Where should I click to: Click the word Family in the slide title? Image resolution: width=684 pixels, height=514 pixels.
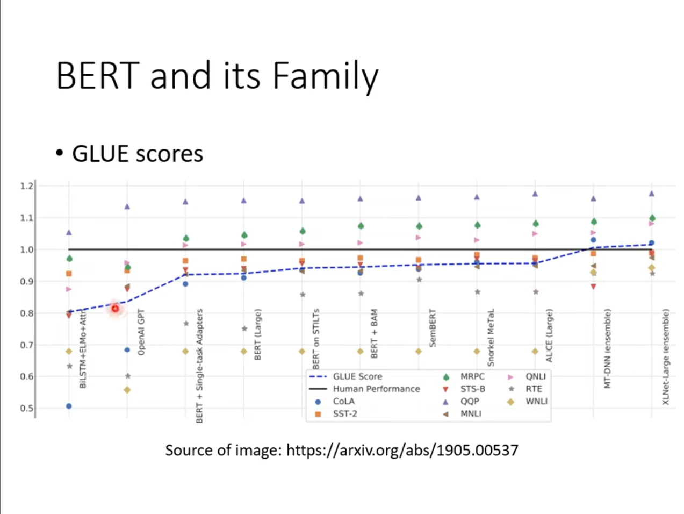[326, 76]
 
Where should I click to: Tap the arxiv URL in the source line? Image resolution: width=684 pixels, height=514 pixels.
[402, 451]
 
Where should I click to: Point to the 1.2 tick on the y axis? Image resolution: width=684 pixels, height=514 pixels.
[26, 186]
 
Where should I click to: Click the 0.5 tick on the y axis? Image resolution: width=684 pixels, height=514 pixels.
[26, 408]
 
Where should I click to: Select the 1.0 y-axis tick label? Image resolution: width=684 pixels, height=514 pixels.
[26, 249]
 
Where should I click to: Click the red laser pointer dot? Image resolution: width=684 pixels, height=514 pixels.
[115, 309]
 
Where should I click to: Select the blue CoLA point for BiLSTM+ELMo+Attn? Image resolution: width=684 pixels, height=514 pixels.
[69, 406]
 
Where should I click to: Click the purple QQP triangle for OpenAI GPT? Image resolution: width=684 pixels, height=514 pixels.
[127, 206]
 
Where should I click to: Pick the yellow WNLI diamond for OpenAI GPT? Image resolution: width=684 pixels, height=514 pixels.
[127, 390]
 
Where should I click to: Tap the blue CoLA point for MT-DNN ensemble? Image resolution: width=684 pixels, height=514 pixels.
[593, 240]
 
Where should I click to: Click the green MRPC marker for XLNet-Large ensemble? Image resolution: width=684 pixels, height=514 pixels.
[652, 218]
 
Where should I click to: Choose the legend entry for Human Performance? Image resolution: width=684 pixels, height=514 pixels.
[365, 389]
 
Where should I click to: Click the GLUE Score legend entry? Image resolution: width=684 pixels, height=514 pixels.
[345, 376]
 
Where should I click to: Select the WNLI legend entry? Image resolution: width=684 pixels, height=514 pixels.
[528, 402]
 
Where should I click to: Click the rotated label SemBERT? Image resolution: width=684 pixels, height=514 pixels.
[432, 328]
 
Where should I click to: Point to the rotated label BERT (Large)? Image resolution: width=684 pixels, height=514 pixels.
[258, 334]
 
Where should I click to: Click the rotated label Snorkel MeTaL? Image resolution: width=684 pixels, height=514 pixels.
[491, 338]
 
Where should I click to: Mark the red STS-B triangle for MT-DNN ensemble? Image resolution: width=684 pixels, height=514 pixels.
[593, 287]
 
